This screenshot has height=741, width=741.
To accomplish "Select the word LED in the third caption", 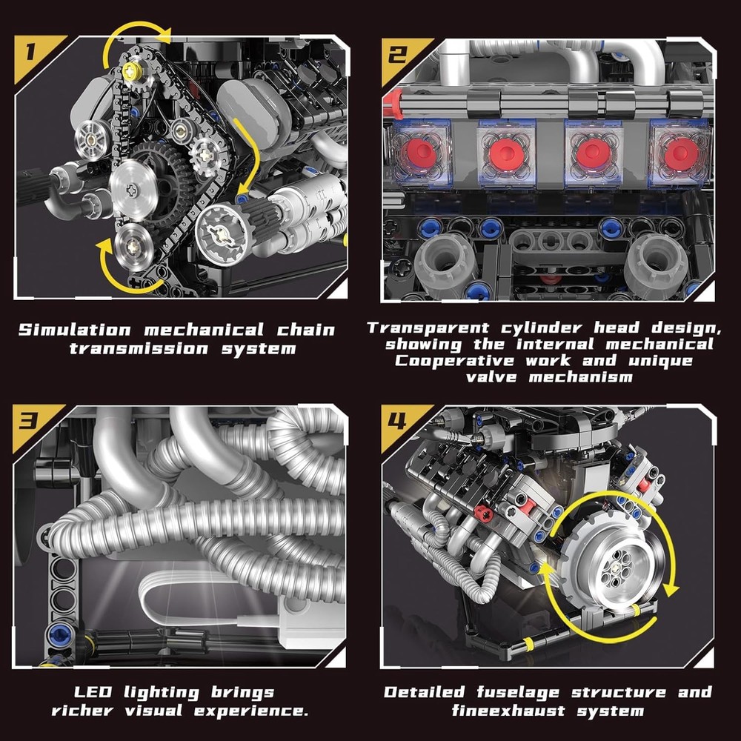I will tap(93, 693).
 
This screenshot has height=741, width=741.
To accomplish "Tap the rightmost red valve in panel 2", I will tap(679, 153).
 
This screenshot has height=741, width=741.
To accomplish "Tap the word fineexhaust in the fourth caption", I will tap(504, 711).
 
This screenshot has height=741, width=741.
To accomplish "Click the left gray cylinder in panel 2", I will tap(444, 263).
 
